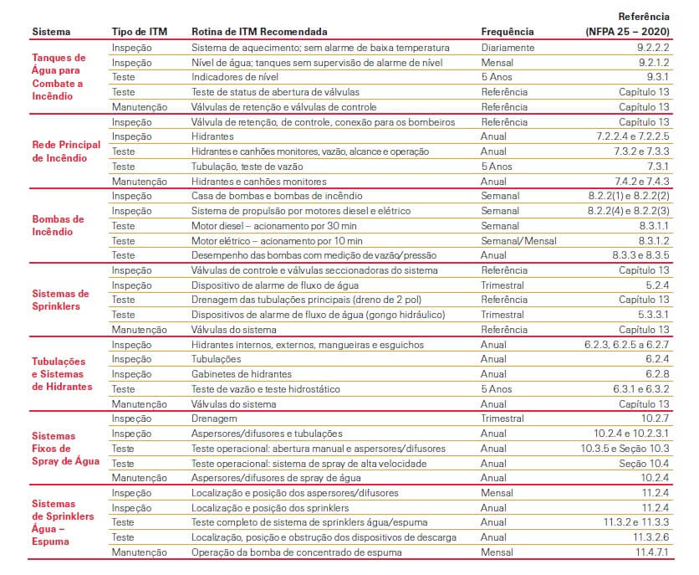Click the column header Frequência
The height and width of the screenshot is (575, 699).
tap(508, 32)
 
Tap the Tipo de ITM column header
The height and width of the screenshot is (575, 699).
tap(140, 32)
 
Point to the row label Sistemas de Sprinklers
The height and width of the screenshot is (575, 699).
tap(59, 300)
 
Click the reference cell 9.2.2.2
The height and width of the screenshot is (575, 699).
tap(653, 48)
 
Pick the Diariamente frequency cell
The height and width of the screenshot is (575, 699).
tap(508, 48)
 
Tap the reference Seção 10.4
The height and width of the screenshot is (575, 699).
tap(645, 463)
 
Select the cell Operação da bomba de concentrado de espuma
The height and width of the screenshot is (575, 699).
tap(296, 552)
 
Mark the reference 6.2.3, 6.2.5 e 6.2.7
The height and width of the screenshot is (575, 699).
tap(627, 344)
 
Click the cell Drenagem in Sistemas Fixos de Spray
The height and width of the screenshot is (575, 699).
tap(215, 418)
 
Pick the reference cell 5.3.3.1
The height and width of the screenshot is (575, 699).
tap(653, 315)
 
